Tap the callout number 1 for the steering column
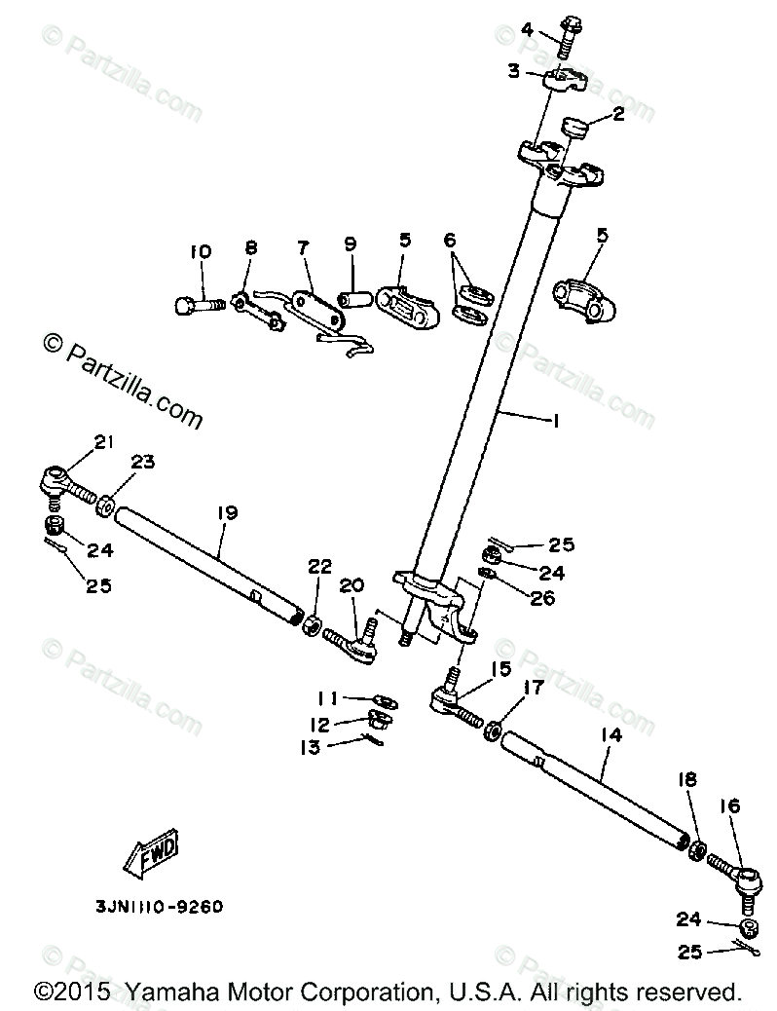555,421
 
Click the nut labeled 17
494,729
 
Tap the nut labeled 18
697,848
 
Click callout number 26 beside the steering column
542,597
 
